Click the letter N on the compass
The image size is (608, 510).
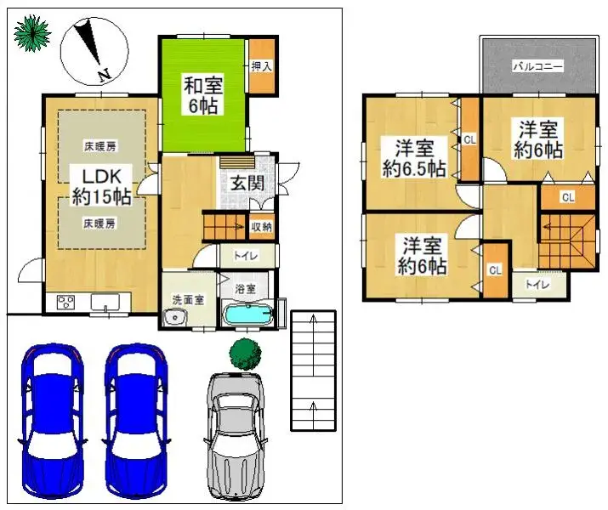point(104,76)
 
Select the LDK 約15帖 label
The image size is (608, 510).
point(100,185)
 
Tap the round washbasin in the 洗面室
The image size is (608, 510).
point(176,317)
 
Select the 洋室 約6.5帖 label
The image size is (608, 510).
point(413,157)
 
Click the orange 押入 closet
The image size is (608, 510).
point(262,65)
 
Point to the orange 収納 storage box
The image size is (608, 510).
point(261,226)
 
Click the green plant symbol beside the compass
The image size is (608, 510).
point(31,33)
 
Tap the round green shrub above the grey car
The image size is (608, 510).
point(245,352)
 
